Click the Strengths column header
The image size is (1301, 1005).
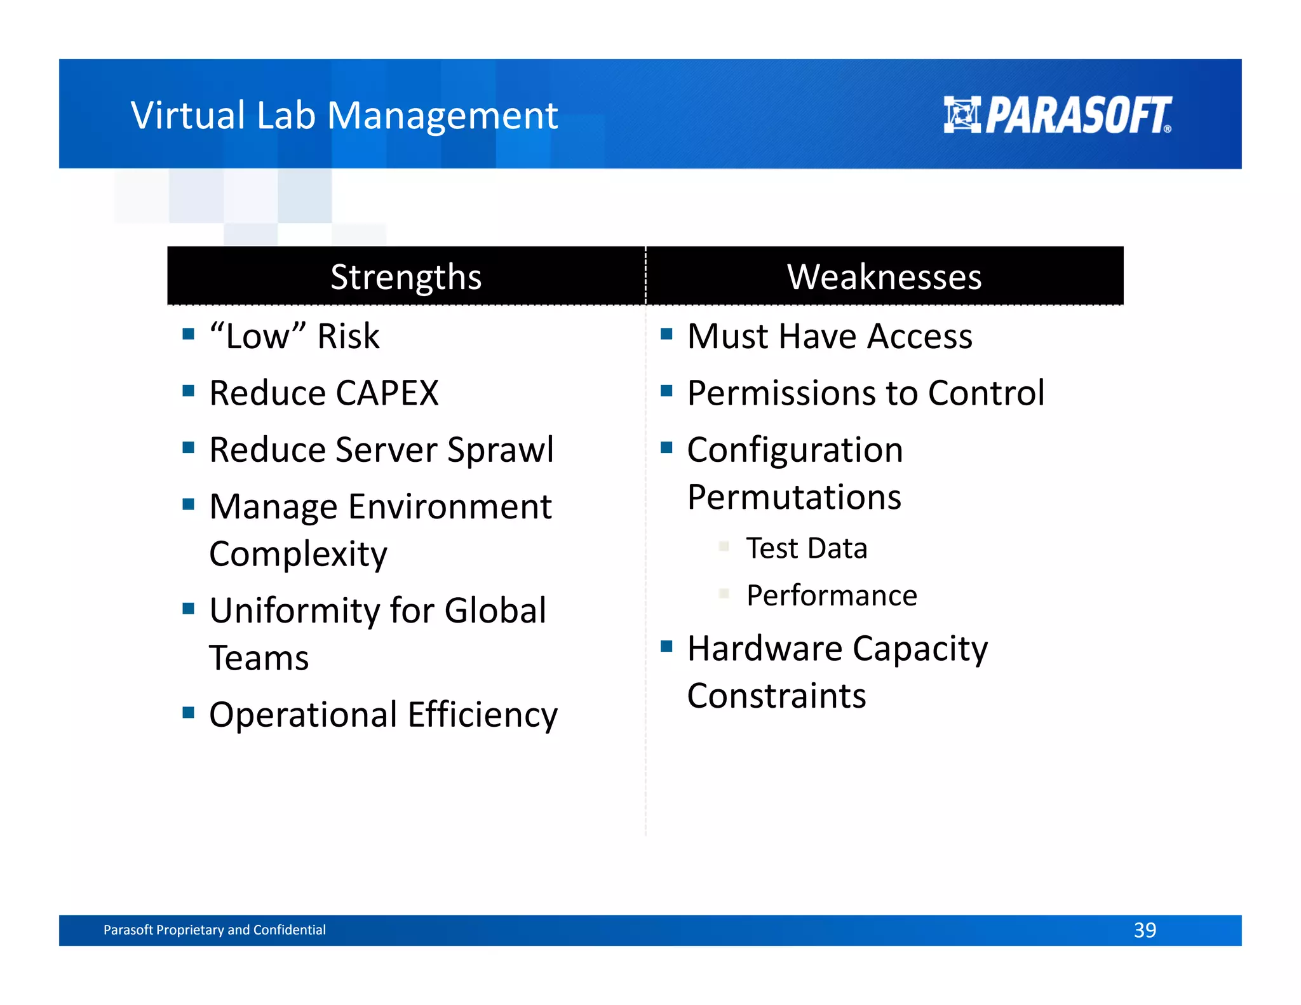[x=406, y=277]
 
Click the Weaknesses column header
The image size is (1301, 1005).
[x=884, y=277]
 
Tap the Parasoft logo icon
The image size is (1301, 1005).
[x=962, y=115]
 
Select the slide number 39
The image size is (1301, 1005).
[x=1145, y=930]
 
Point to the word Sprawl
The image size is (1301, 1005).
[x=501, y=450]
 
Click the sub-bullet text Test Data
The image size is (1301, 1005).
[x=807, y=548]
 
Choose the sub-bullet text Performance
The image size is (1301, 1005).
[x=832, y=596]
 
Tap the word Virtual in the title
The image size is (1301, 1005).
[x=188, y=116]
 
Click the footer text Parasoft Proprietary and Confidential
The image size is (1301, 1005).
[x=215, y=930]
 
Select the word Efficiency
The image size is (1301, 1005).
[x=483, y=715]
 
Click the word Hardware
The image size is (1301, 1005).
[x=765, y=649]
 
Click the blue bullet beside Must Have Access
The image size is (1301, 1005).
[x=666, y=334]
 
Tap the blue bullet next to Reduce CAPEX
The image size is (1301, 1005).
[x=188, y=391]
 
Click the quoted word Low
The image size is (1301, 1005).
[x=257, y=337]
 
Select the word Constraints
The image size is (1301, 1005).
[x=776, y=696]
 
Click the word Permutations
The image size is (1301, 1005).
[x=794, y=497]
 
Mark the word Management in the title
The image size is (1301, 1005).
[x=442, y=116]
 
